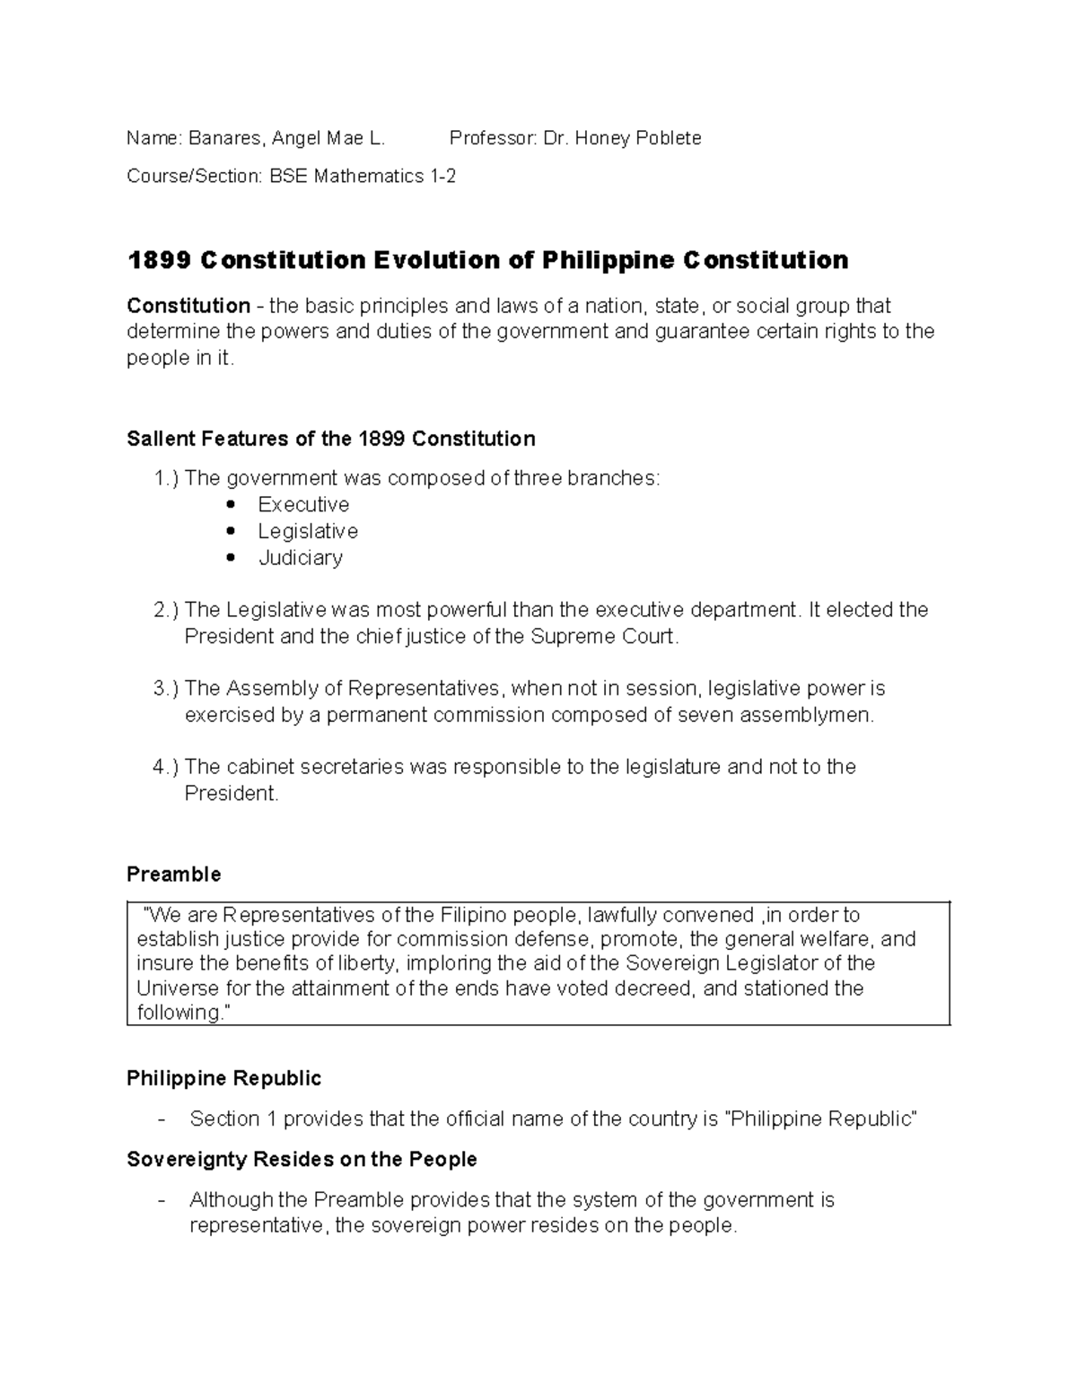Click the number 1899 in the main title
click(x=159, y=260)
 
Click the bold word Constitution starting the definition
click(x=188, y=306)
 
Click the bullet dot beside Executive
click(x=233, y=505)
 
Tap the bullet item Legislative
click(x=308, y=531)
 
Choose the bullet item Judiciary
click(x=301, y=558)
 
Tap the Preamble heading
click(x=174, y=874)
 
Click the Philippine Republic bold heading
click(x=223, y=1077)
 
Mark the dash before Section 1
click(x=161, y=1119)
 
